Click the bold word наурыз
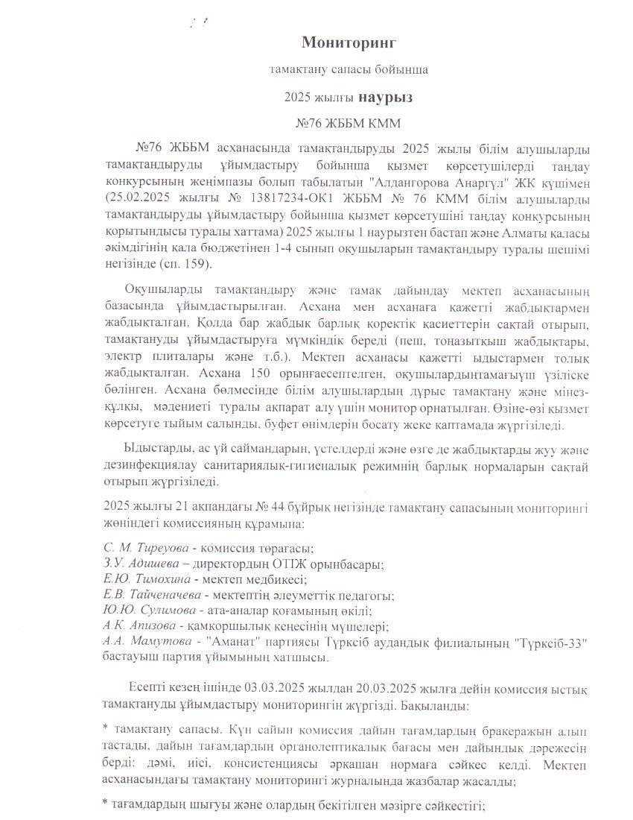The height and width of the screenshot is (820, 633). (x=385, y=97)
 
